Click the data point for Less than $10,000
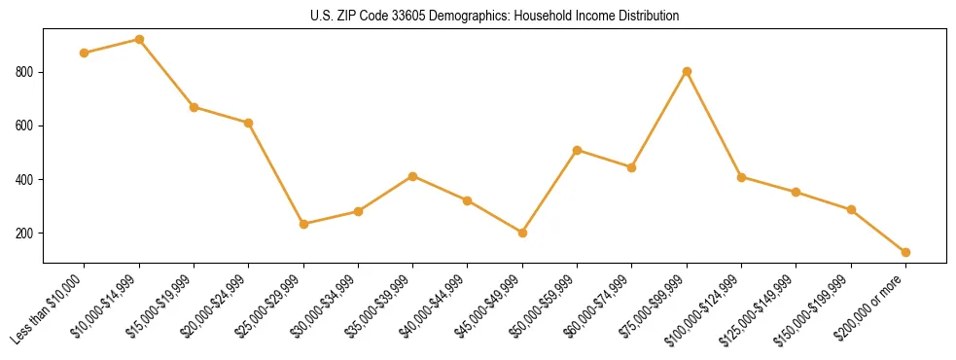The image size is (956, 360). point(85,53)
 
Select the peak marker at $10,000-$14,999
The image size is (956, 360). point(139,40)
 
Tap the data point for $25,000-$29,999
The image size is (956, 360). point(303,224)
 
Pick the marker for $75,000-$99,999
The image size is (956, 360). point(687,71)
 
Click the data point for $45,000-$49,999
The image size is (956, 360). point(522,233)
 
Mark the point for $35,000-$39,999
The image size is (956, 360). point(413,176)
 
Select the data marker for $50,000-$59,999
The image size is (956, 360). point(578,150)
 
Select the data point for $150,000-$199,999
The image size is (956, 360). point(851,209)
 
